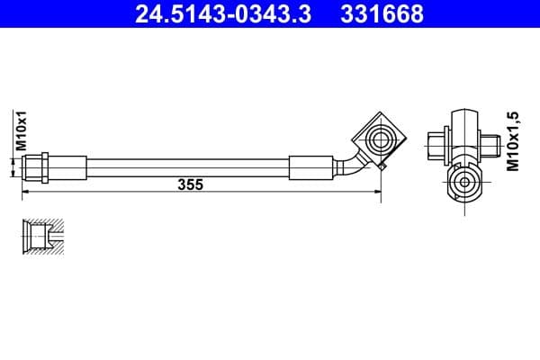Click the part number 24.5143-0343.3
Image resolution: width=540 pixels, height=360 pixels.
click(222, 14)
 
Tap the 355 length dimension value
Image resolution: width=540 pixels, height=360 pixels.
click(190, 184)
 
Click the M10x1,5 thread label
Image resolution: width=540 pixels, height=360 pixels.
click(514, 142)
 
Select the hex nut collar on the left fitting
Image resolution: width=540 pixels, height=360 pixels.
click(40, 167)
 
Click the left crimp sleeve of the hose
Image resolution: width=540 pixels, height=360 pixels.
click(69, 167)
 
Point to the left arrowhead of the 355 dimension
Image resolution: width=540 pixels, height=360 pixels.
click(25, 192)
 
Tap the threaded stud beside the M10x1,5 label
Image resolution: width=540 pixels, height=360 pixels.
click(490, 142)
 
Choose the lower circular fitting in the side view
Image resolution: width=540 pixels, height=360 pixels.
click(464, 184)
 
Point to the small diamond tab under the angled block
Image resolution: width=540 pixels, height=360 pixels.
click(383, 166)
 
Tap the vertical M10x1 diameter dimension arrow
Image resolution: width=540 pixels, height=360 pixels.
click(13, 167)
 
